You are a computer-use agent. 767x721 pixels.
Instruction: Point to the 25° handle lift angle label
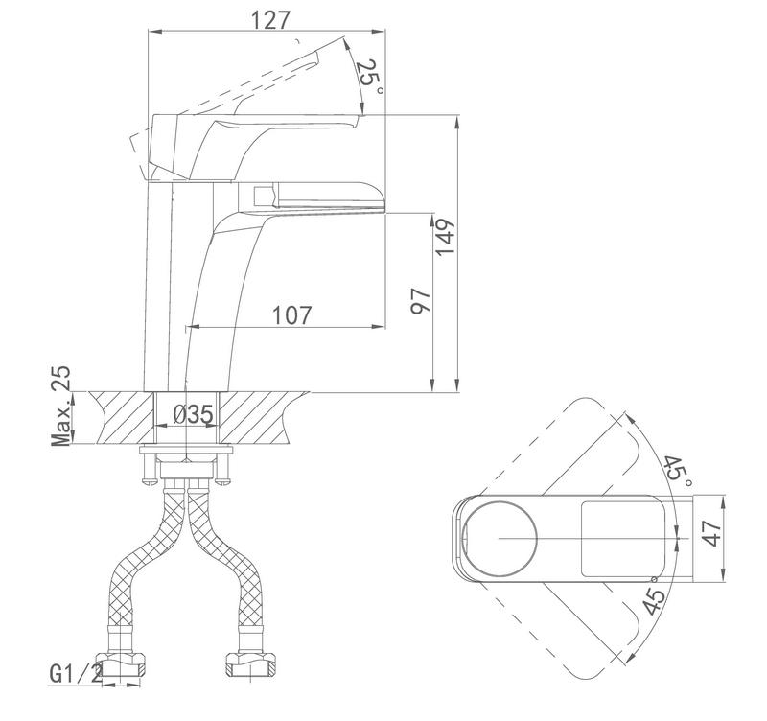(x=370, y=77)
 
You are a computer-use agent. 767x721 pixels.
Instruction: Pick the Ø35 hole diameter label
(x=193, y=415)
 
